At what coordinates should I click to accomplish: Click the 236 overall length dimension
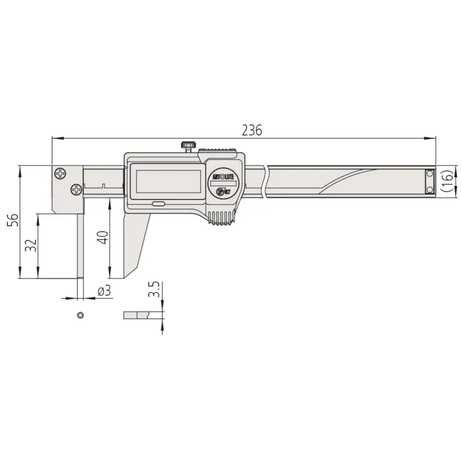[x=252, y=130]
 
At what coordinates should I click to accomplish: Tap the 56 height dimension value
[x=13, y=219]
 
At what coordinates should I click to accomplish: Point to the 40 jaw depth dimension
[x=103, y=237]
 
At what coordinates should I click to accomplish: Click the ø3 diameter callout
[x=105, y=291]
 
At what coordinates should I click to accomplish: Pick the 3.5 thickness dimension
[x=154, y=289]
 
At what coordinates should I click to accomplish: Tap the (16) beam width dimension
[x=447, y=181]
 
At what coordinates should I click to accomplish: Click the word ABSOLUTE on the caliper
[x=223, y=177]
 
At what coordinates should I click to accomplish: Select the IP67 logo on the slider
[x=223, y=192]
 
